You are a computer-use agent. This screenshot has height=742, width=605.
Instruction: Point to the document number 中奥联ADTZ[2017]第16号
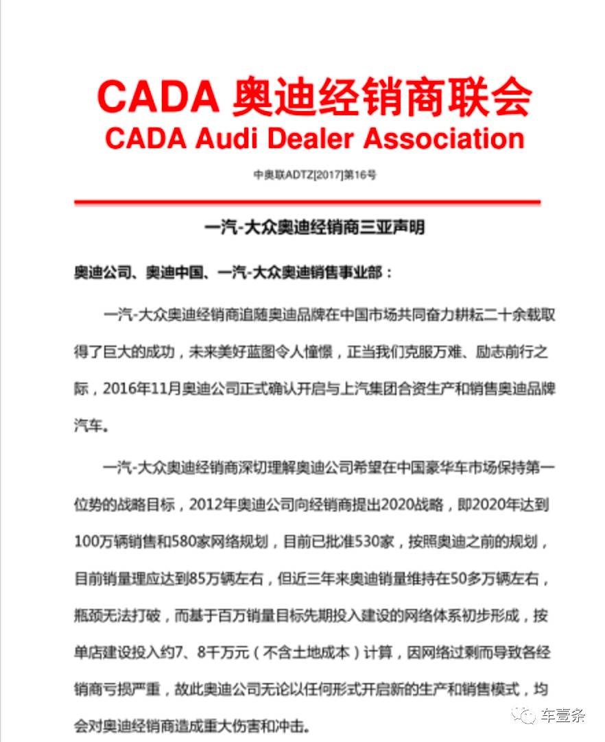click(x=315, y=175)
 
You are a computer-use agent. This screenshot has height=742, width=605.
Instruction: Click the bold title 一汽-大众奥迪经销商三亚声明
click(x=315, y=227)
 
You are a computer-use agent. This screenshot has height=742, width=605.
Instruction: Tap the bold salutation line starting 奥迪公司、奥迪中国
click(x=234, y=272)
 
